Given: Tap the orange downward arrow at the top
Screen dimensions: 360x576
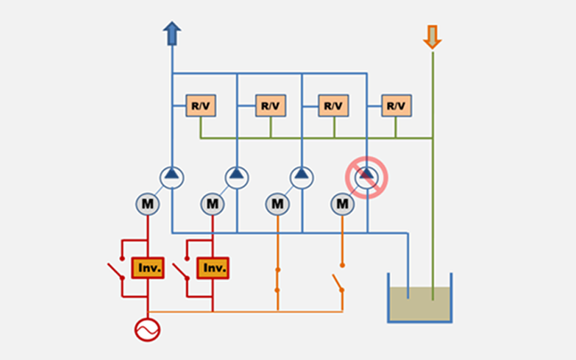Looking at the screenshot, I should (x=432, y=36).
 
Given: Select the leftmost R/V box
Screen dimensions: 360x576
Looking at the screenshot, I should (x=201, y=105).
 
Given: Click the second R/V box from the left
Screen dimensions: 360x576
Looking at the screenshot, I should (x=270, y=105).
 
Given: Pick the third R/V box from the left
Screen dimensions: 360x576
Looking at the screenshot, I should (x=333, y=105).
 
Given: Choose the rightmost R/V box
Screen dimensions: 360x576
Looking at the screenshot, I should (x=396, y=105).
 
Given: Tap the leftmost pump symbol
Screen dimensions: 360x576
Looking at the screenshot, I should (x=171, y=177).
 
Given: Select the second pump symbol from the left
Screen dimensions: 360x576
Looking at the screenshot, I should (x=236, y=177).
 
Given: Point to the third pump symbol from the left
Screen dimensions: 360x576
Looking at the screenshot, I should (x=301, y=177).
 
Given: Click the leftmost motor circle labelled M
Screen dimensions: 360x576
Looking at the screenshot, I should (x=147, y=205).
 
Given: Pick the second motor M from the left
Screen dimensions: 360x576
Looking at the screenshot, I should (x=212, y=205).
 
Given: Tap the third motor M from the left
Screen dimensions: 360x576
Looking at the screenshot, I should (x=278, y=205).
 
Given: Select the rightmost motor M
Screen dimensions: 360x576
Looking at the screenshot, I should (x=342, y=205).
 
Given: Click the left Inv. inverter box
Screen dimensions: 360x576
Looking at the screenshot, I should (x=147, y=268).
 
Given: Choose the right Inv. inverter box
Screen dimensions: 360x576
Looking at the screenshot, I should (x=213, y=268).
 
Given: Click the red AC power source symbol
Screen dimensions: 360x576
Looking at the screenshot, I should (x=147, y=329).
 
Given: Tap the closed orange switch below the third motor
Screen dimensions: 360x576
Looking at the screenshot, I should (x=278, y=279).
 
